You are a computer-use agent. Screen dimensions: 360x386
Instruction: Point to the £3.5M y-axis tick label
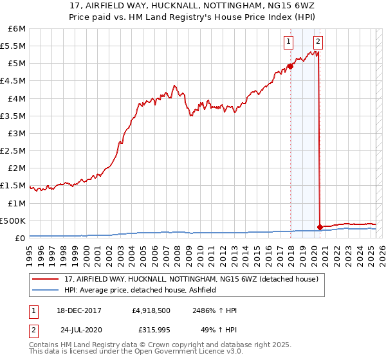[14, 116]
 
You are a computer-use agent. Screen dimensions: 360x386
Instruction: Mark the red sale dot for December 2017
[290, 66]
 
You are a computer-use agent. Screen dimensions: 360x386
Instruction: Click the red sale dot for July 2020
[320, 226]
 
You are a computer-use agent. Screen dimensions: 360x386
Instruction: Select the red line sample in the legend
[46, 278]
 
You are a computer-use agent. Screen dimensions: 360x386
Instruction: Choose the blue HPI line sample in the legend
[46, 290]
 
